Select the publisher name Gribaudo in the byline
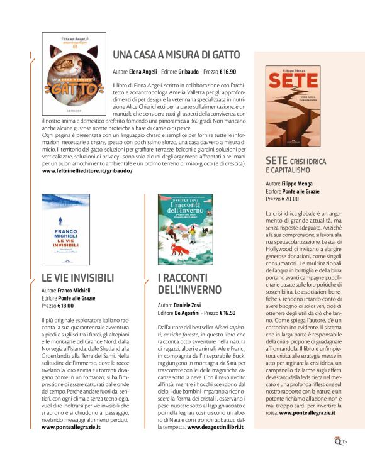tap(191, 71)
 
